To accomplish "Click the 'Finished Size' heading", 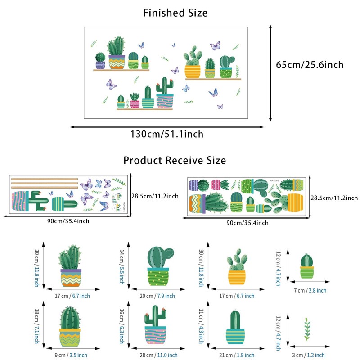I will tap(175, 13).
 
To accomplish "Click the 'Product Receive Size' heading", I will tap(175, 161).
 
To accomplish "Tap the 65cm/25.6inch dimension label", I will tap(310, 65).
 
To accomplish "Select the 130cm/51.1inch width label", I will tap(167, 134).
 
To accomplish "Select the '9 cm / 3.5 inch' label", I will tap(72, 355).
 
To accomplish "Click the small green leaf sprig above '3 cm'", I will tap(307, 330).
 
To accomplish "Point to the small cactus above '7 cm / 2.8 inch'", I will tap(306, 266).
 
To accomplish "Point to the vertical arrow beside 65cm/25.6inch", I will tap(270, 73).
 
